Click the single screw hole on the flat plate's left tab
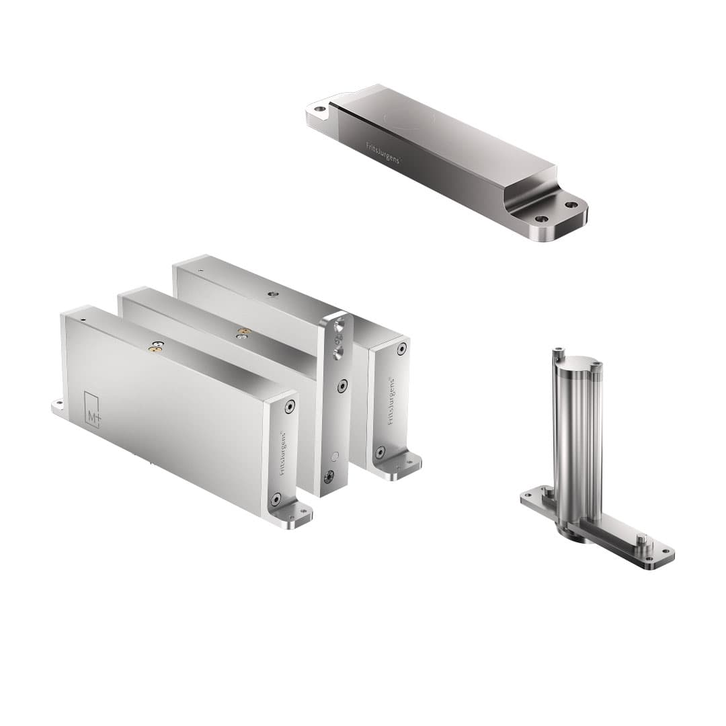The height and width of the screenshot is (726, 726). click(320, 108)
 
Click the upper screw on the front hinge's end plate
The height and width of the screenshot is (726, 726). click(290, 406)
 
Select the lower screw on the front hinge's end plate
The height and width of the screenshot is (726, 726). click(276, 499)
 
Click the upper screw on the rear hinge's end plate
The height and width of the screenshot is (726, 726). click(401, 348)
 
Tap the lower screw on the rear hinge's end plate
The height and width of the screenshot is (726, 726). click(380, 452)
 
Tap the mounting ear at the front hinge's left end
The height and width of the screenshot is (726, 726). click(59, 405)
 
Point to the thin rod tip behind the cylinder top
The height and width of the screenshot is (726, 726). click(558, 350)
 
